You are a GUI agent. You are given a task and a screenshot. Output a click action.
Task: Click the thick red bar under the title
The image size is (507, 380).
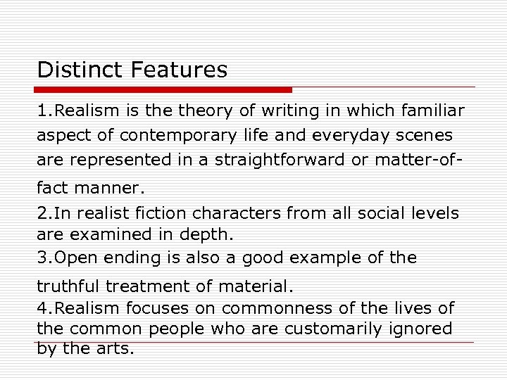(163, 90)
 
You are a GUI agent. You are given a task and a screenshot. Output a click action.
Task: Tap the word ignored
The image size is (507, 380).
(424, 329)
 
